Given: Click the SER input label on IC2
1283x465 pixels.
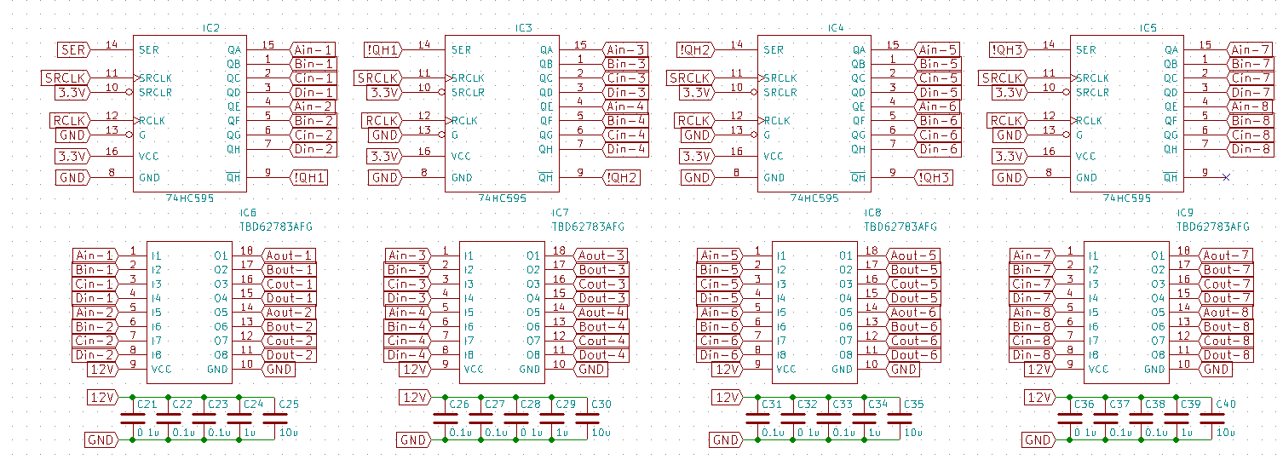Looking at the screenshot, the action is pos(74,49).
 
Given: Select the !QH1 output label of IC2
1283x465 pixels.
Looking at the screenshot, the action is pos(309,177).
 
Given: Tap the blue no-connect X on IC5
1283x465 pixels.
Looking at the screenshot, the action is pos(1226,177).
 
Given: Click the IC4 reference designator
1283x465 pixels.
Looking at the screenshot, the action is pos(836,27).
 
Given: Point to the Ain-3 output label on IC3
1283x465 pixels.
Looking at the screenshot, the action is pos(625,49).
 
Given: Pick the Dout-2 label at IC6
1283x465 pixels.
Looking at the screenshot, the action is pos(289,355).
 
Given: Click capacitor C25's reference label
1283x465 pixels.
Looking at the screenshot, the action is pos(289,404).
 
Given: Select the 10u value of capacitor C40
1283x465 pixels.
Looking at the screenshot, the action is pos(1226,433).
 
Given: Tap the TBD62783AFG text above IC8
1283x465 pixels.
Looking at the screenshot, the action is pos(900,227).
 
